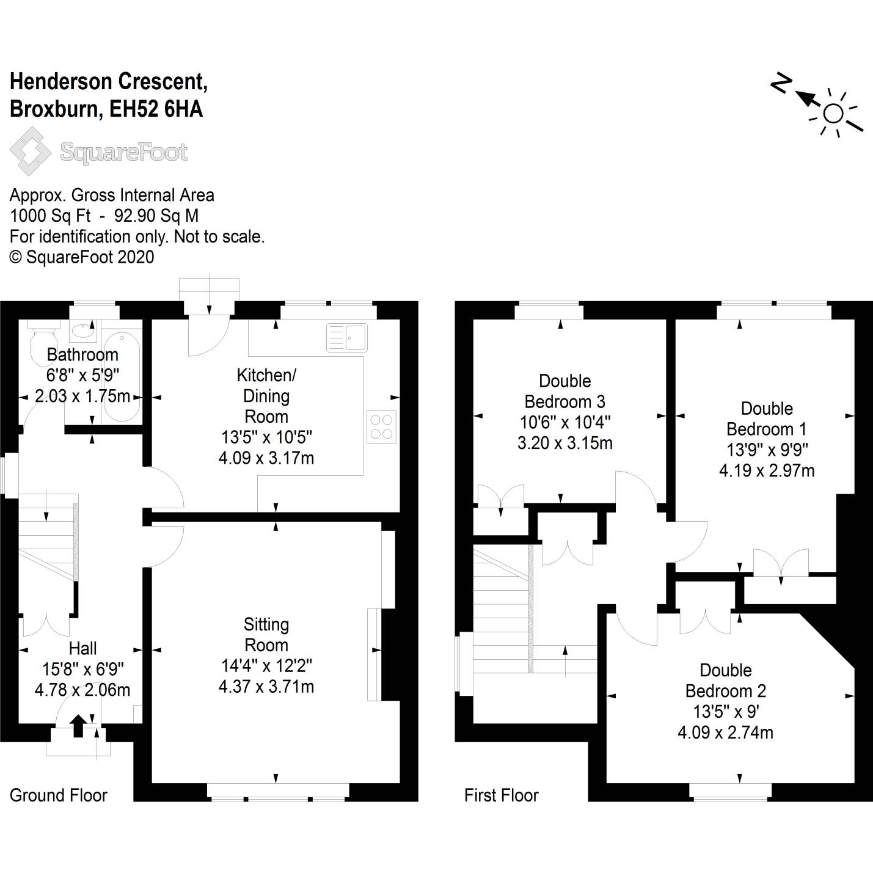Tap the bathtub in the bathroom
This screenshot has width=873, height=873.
pos(122,377)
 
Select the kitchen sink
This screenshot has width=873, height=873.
pos(346,337)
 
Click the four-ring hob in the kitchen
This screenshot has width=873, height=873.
pos(381,426)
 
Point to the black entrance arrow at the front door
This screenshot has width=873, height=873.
pos(78,726)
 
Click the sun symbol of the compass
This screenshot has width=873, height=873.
pos(833,113)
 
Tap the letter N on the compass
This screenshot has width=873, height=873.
pos(781,84)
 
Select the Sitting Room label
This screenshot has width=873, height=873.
pos(266,634)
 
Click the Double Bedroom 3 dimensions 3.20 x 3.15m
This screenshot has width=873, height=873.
pos(565,443)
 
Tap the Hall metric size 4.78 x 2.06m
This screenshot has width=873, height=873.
pos(82,690)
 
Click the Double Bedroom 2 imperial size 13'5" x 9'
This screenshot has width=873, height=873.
pos(726,712)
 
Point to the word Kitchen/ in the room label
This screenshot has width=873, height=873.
pos(266,375)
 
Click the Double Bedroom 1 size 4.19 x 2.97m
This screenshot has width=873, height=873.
pos(767,470)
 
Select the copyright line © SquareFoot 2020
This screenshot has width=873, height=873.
pos(82,257)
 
